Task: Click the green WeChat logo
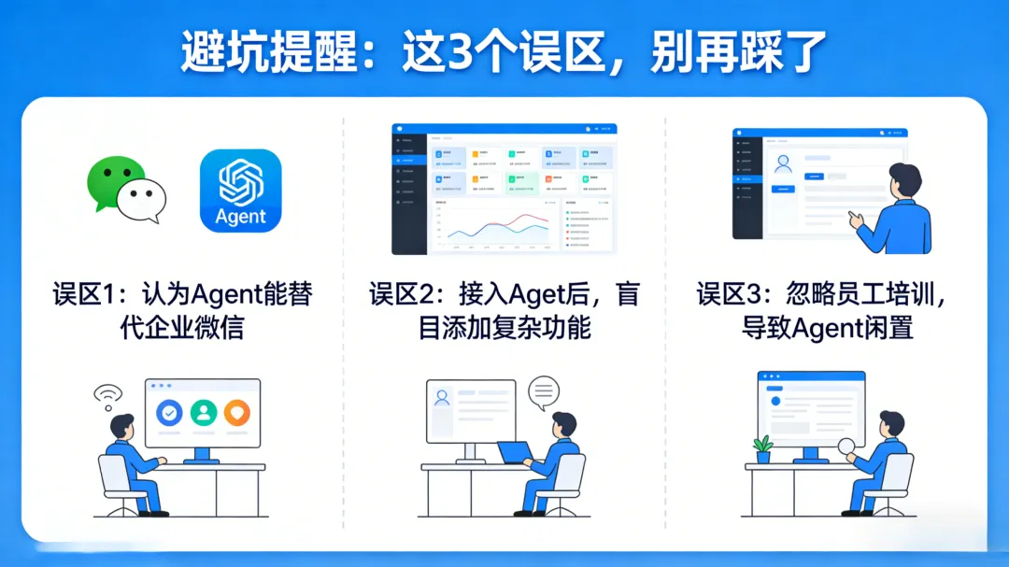tap(125, 190)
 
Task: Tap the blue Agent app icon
tap(240, 191)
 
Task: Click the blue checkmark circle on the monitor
tap(169, 412)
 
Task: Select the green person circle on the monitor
tap(203, 412)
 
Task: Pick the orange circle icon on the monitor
tap(236, 412)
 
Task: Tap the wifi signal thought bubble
tap(107, 396)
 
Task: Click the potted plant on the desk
tap(763, 448)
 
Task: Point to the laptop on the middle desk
tap(514, 453)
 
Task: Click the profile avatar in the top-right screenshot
tap(784, 164)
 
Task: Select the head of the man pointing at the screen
tap(903, 180)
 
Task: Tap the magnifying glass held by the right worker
tap(848, 448)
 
